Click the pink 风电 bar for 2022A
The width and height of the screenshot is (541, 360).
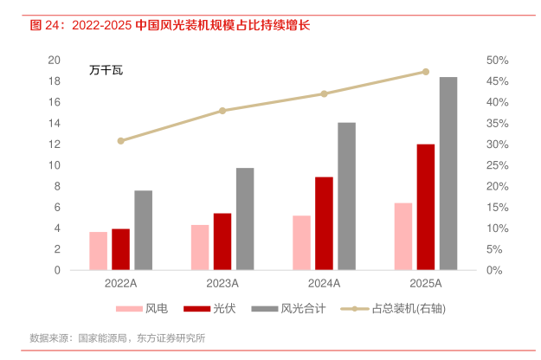coord(99,251)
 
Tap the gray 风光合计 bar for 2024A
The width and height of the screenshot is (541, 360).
coord(346,196)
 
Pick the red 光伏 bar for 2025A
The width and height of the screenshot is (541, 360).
coord(426,207)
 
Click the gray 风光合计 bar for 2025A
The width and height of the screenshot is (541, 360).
coord(448,173)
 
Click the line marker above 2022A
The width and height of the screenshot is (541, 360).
coord(121,140)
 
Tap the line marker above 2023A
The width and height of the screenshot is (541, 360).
coord(222,111)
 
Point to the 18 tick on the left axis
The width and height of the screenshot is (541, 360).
coord(54,81)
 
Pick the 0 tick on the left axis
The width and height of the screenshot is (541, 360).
coord(57,270)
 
